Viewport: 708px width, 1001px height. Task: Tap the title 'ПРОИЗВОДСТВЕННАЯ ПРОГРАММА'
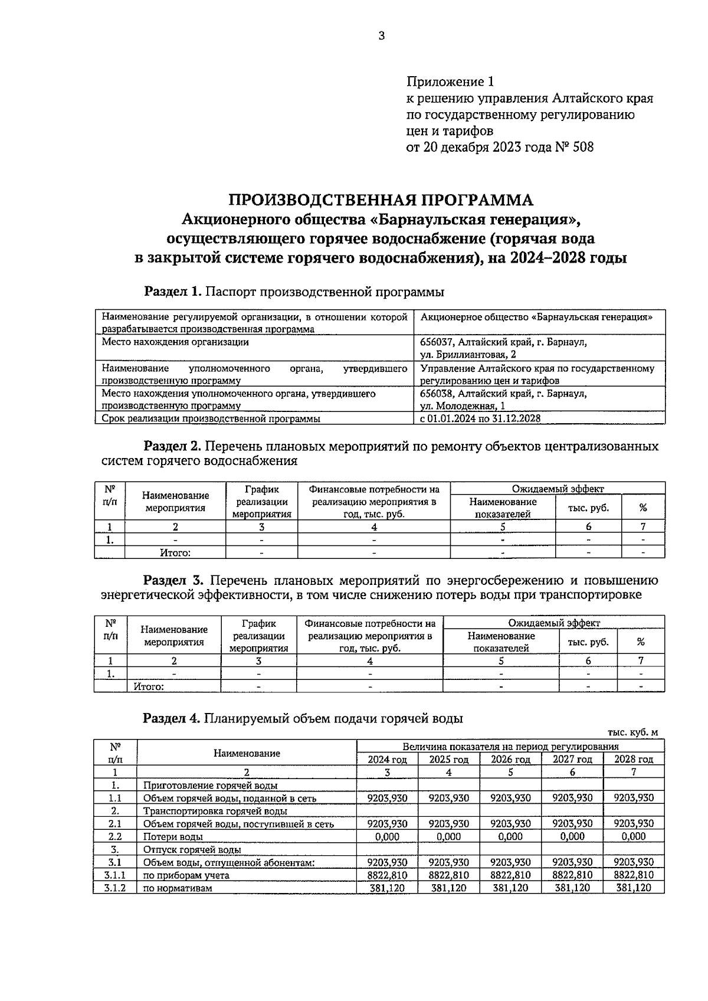(x=381, y=200)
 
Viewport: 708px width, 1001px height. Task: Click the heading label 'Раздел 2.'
(x=173, y=446)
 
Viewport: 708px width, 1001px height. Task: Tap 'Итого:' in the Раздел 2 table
(x=175, y=553)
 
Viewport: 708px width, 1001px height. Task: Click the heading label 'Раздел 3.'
(x=173, y=580)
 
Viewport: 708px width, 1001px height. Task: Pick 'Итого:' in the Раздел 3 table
(x=149, y=686)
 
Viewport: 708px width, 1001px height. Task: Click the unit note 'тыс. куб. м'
(x=632, y=732)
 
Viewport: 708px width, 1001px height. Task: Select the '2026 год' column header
(x=510, y=760)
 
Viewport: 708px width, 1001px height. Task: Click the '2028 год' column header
(x=634, y=760)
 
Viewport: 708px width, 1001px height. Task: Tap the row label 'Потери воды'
(x=173, y=837)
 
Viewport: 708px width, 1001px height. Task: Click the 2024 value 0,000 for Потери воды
(x=387, y=837)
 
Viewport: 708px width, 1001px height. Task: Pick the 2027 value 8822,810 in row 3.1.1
(x=572, y=875)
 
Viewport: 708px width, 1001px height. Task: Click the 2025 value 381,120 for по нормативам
(x=448, y=888)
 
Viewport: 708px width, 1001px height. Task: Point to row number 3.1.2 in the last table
(x=115, y=888)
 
